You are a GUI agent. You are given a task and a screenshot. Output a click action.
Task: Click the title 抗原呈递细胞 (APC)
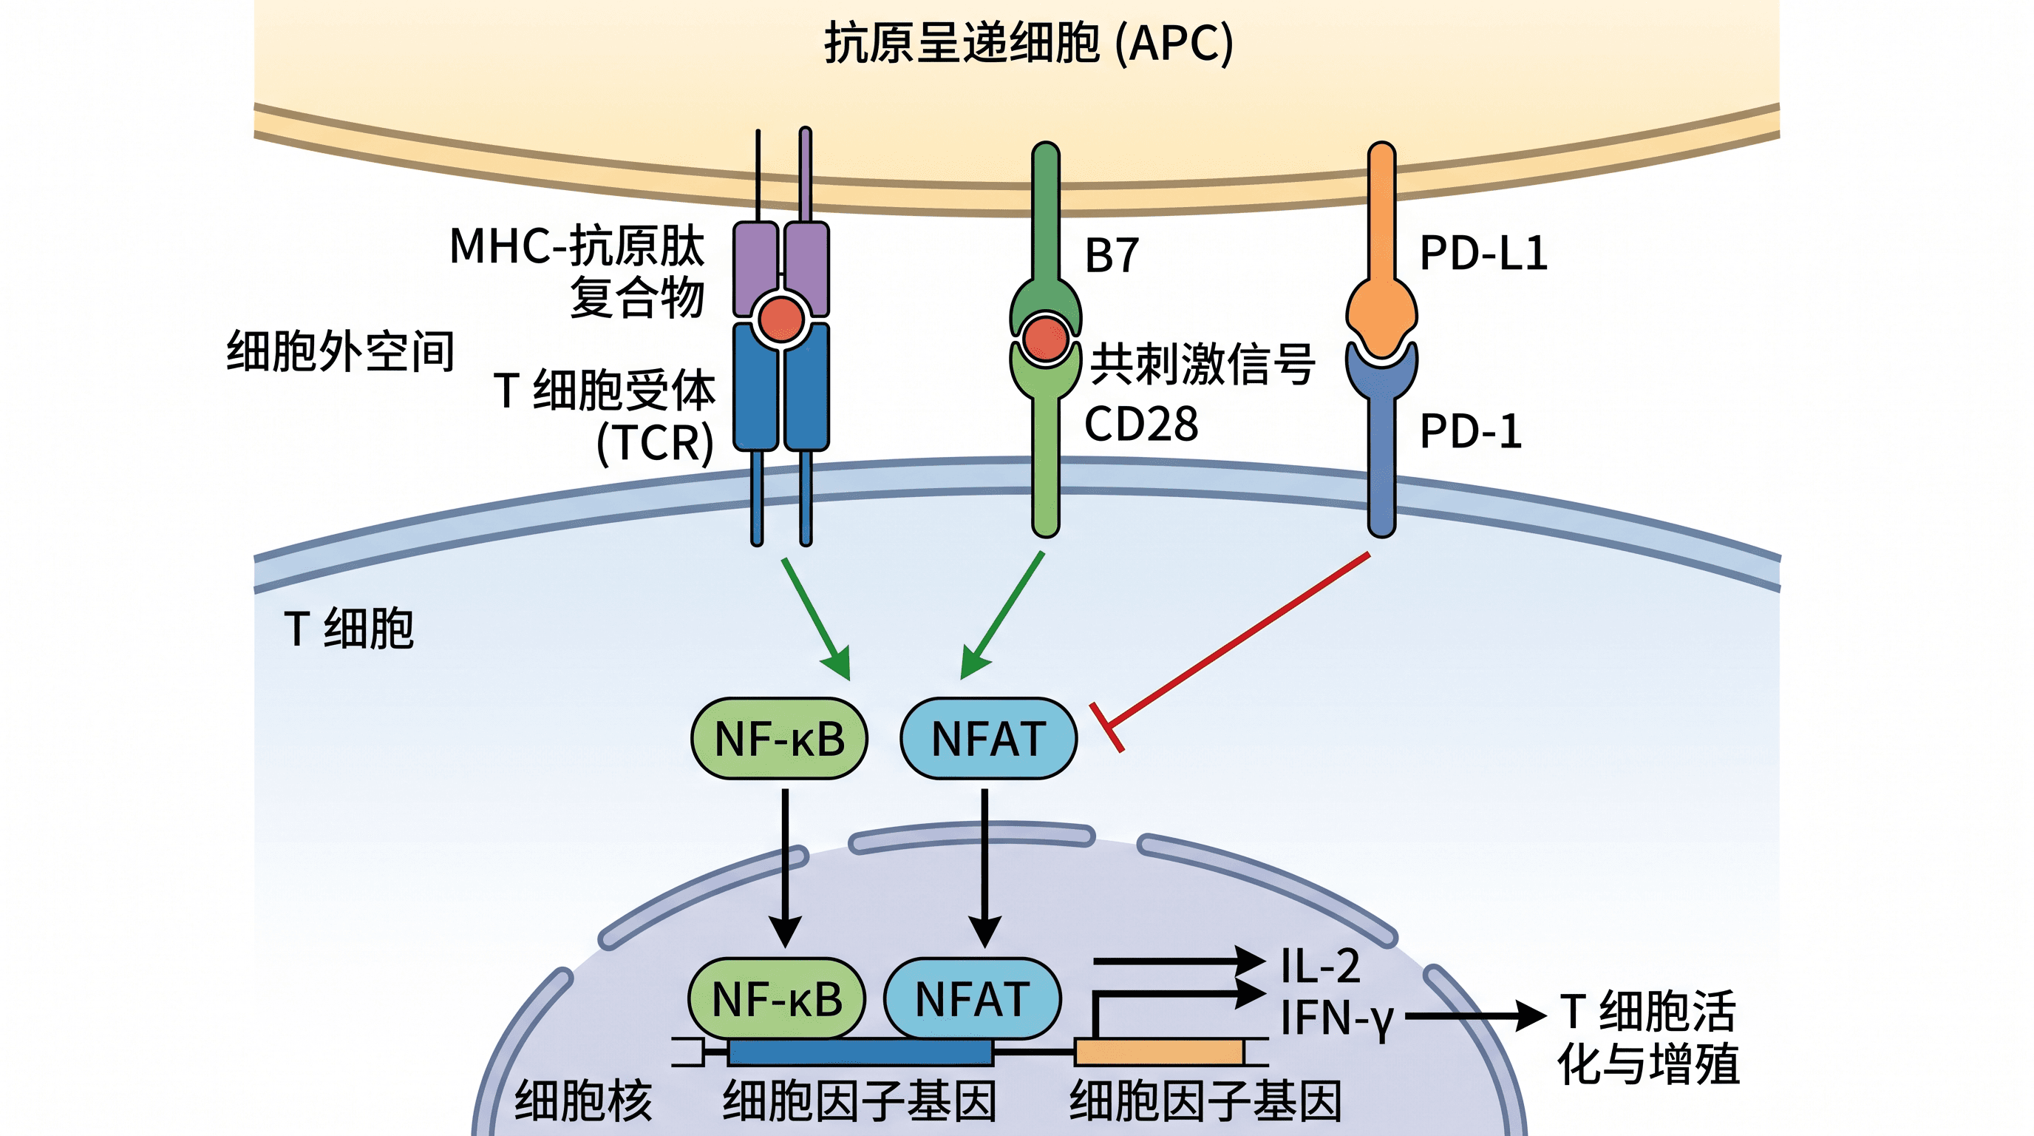[x=1028, y=43]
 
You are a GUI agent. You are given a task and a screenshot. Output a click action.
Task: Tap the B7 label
[x=1112, y=255]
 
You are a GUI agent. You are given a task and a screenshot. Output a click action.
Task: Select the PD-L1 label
[x=1483, y=254]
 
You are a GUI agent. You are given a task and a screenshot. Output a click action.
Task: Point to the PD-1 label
[x=1471, y=431]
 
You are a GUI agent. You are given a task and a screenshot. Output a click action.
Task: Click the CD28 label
[x=1141, y=425]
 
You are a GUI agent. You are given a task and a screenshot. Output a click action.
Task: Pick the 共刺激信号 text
[x=1203, y=364]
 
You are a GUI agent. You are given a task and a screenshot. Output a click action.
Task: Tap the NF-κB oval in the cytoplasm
[x=779, y=738]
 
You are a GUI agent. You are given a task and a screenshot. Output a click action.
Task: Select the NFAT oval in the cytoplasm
[x=989, y=738]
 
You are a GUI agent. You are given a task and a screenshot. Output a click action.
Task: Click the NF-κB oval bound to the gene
[x=777, y=998]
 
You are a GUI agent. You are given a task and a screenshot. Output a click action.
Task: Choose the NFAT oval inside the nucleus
[x=972, y=998]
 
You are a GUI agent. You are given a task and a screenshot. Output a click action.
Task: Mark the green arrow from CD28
[x=1002, y=615]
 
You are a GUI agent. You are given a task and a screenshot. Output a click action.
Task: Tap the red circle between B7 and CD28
[x=1045, y=338]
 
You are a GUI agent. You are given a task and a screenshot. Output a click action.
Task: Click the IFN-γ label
[x=1337, y=1018]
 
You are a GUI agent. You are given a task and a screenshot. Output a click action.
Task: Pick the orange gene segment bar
[x=1160, y=1052]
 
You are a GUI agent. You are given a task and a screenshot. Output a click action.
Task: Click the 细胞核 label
[x=583, y=1100]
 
